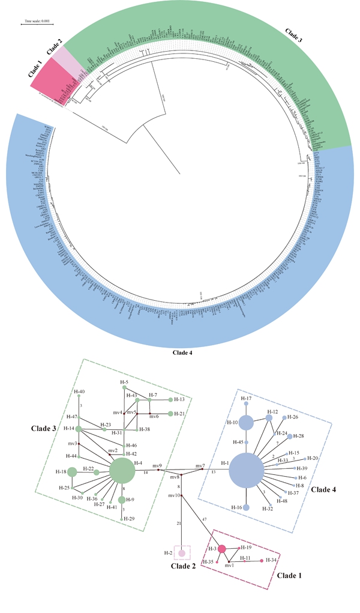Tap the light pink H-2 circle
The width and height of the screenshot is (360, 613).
point(181,553)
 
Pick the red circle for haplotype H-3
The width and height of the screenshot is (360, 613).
point(221,548)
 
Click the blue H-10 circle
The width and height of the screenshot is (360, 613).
point(246,423)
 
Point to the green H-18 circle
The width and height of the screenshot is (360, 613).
point(73,472)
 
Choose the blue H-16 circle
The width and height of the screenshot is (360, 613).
point(246,507)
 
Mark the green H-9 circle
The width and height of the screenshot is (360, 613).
point(122,500)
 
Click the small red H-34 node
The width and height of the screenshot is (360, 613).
point(262,560)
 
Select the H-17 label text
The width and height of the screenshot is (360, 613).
point(246,398)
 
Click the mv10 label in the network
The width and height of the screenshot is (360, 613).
point(173,495)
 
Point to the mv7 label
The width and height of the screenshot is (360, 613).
point(200,465)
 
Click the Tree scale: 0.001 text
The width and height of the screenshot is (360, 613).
point(37,20)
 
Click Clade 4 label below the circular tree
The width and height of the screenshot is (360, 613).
point(182,352)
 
